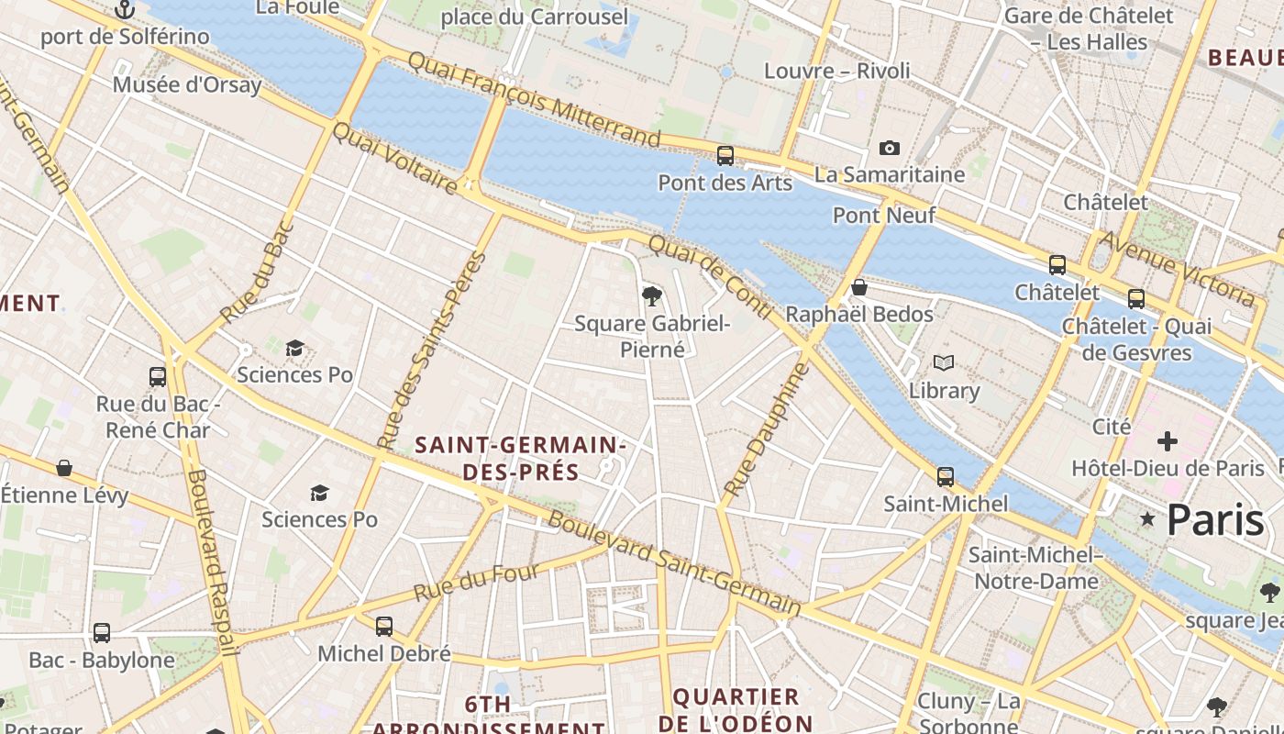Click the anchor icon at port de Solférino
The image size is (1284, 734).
click(125, 10)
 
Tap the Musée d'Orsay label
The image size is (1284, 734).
click(187, 85)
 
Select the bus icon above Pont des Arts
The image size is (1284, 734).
click(725, 155)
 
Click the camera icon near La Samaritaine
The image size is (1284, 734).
click(889, 148)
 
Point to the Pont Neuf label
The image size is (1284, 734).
click(883, 216)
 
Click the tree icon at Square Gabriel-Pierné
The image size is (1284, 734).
click(651, 295)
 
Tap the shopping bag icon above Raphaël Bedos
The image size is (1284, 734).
click(858, 288)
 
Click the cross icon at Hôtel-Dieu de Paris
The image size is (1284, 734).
click(1167, 442)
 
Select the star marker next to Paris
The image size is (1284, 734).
click(1146, 519)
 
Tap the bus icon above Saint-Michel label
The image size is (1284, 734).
click(945, 477)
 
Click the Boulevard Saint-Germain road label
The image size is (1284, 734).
click(674, 563)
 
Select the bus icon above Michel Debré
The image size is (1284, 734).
click(384, 627)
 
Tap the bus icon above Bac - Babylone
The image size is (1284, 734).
click(101, 633)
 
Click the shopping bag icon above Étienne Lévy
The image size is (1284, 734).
click(64, 468)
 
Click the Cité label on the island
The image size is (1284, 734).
click(1112, 427)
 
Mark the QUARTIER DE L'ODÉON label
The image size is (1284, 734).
click(736, 709)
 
